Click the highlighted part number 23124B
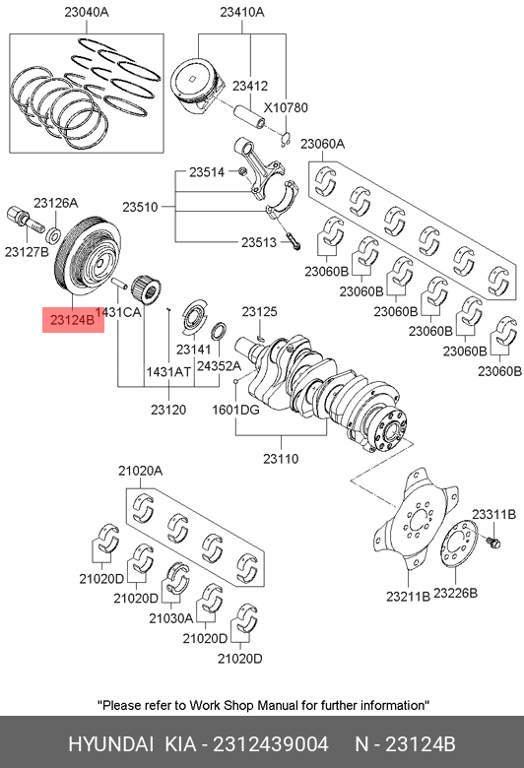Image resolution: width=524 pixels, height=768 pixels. click(72, 320)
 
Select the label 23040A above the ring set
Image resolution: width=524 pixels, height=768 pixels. click(87, 12)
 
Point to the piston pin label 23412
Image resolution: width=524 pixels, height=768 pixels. click(250, 86)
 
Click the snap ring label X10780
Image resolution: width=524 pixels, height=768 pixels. click(286, 107)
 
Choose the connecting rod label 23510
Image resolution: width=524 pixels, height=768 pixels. click(140, 207)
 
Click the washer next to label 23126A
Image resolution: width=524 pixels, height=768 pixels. click(54, 235)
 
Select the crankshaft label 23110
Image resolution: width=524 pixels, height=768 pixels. click(281, 459)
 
